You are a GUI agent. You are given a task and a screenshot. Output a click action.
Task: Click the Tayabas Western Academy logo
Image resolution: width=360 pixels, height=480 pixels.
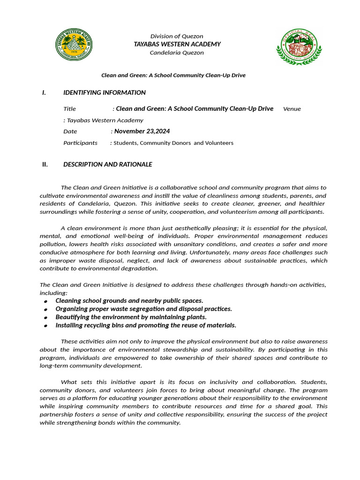(74, 45)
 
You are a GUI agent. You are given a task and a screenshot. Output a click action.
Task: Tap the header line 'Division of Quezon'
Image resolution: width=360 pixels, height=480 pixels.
(177, 37)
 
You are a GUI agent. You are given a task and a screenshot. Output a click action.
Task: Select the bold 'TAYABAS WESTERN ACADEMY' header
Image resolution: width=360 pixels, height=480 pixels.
(177, 44)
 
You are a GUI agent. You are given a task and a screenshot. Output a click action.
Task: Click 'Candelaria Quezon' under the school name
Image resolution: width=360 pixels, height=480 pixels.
(177, 52)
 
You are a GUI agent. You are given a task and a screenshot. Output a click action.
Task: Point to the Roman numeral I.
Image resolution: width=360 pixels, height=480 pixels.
(44, 93)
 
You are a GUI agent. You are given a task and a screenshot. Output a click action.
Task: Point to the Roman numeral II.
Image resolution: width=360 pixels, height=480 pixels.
(45, 165)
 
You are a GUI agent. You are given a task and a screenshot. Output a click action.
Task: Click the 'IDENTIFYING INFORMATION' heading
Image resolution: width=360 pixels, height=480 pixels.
(105, 93)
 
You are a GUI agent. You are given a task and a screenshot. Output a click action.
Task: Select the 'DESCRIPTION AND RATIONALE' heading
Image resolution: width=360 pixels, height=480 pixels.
(108, 165)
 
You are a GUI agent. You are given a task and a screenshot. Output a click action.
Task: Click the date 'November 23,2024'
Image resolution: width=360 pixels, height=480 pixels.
(142, 131)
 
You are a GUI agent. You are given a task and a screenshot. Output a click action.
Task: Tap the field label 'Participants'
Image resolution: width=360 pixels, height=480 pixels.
(80, 143)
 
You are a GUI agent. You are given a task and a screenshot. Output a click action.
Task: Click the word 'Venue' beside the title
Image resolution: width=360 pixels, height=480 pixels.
(292, 109)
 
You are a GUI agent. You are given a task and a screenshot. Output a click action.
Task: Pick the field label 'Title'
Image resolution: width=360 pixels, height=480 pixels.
(69, 109)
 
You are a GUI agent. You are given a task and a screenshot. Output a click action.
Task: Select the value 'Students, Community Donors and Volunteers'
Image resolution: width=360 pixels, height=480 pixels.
(173, 143)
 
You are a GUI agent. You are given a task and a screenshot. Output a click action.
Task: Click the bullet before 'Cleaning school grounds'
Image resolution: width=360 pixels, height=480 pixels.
(45, 301)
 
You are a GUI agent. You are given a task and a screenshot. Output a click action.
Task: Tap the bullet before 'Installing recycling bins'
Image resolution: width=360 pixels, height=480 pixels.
(45, 326)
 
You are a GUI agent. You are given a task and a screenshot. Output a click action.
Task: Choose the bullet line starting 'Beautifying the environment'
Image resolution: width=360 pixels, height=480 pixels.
(131, 317)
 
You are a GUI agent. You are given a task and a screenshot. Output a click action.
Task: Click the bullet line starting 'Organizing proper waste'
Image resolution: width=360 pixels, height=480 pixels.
(143, 309)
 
